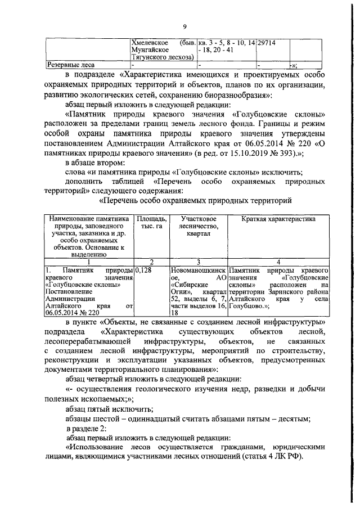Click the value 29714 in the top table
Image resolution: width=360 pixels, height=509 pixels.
tap(267, 43)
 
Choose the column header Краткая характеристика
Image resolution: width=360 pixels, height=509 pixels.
tap(279, 218)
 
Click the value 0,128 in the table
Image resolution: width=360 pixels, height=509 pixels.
tap(145, 271)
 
